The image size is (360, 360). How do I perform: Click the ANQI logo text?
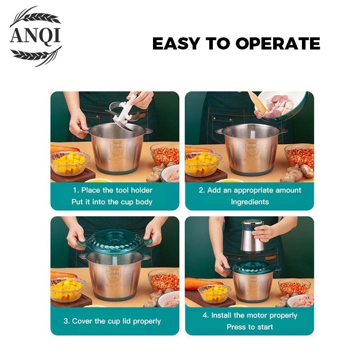click(x=35, y=36)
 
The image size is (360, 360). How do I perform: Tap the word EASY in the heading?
click(x=176, y=43)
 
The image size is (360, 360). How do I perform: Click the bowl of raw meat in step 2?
click(x=282, y=106)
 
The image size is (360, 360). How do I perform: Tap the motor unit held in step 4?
click(x=252, y=237)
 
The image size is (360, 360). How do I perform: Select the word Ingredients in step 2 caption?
click(x=250, y=202)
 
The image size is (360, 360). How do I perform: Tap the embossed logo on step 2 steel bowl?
click(x=252, y=148)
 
